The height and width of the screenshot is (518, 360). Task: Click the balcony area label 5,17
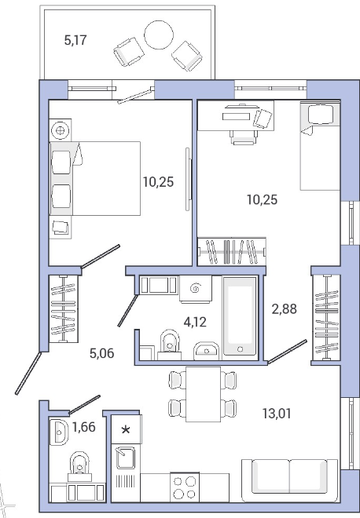point(75,40)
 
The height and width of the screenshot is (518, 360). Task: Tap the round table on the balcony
point(159,35)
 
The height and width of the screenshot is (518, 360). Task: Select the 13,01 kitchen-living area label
point(277,414)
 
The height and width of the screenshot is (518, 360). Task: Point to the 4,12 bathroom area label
point(195,322)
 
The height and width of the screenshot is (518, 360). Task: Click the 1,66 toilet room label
point(84,427)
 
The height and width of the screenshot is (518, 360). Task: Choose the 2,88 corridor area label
point(285,309)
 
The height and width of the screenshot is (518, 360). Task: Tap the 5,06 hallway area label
point(102,353)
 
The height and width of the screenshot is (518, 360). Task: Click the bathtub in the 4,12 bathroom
point(241,316)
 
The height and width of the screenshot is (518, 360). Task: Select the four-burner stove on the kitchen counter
point(185,487)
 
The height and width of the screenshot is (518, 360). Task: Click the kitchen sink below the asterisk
point(126,458)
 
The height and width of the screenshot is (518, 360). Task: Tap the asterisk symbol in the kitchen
point(126,430)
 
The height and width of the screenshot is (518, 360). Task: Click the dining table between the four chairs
point(203,394)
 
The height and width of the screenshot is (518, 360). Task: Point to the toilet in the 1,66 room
point(79,466)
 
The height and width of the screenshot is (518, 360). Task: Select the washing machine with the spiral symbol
point(196,290)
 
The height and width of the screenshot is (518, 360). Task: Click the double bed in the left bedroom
point(95,179)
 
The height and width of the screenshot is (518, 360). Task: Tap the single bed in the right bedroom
point(320,146)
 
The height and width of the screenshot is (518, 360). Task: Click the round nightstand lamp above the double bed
point(61,130)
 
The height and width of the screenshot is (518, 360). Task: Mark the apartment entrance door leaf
point(28,374)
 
